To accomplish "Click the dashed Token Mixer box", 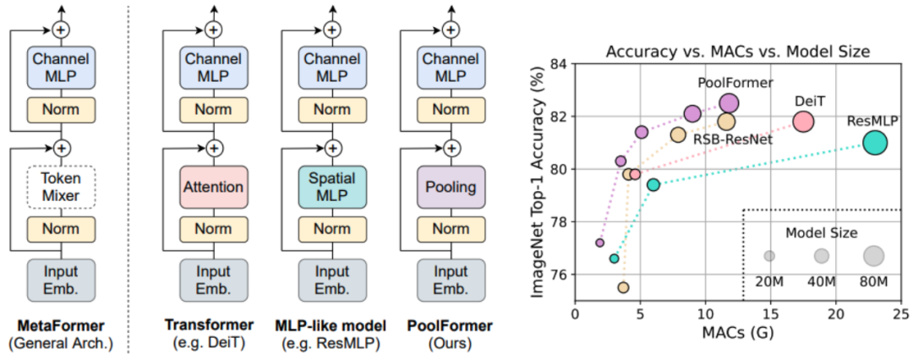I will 61,188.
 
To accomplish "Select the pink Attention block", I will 214,187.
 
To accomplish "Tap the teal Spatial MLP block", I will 331,187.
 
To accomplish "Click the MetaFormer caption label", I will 61,325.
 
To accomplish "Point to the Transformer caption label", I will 215,325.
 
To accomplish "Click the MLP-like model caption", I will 331,325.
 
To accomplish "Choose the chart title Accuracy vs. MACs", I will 738,51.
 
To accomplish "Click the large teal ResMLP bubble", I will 875,143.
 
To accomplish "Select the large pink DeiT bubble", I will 803,122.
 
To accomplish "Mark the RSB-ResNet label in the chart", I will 733,139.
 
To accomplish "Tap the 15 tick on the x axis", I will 771,314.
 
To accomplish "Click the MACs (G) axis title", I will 738,334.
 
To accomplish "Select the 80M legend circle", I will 873,255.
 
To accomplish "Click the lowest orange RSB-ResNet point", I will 623,287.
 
